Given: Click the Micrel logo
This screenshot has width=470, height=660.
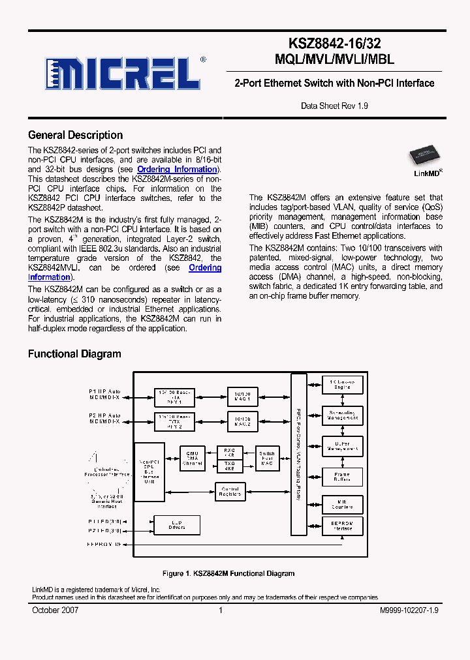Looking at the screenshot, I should [123, 74].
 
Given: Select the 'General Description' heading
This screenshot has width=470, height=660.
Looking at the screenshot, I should [75, 135].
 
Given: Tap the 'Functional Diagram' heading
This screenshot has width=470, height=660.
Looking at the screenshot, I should [74, 353].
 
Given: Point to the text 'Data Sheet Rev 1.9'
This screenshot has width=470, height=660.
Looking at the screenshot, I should [334, 105].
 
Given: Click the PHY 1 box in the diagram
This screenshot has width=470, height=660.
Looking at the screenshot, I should [175, 396].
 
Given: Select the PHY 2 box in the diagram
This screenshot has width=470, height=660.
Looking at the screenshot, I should [175, 421].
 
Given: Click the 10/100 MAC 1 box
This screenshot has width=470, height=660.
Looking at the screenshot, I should [243, 395].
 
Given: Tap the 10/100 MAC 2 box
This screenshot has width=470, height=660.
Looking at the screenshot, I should [243, 421].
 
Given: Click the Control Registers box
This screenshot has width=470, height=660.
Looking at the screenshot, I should [230, 492].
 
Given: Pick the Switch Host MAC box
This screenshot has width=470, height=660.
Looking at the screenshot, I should [267, 457].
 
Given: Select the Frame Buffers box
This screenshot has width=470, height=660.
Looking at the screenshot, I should [342, 477].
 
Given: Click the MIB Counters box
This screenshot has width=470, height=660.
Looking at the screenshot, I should [342, 503].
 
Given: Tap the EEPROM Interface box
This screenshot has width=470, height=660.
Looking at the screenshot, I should [342, 525].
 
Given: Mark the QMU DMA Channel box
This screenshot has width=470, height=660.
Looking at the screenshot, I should [192, 457].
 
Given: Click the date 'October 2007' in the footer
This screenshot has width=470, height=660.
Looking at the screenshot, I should [55, 610].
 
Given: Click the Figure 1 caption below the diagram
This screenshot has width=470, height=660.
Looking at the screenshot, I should [228, 573].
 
